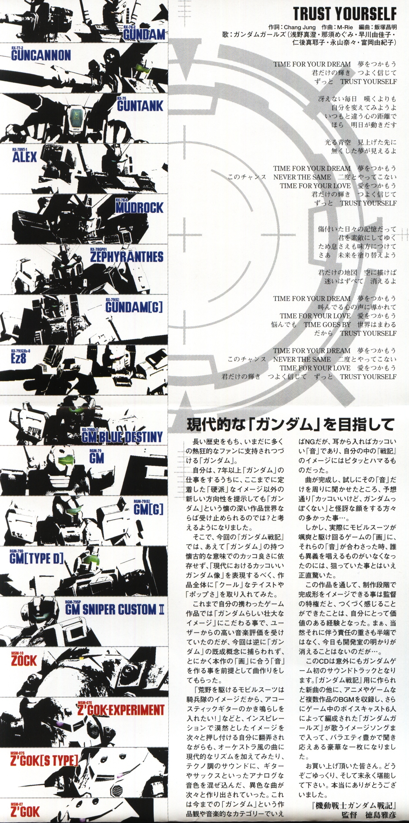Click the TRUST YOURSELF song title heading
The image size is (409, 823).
(345, 14)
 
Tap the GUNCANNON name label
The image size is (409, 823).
(41, 56)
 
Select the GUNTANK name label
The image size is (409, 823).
(140, 106)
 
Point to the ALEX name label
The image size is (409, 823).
(25, 157)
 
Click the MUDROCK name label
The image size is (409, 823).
(139, 208)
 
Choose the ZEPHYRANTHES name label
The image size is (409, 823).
(126, 257)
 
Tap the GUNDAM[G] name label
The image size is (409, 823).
(134, 307)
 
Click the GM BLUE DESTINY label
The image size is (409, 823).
(122, 437)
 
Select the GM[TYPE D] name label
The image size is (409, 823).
(36, 558)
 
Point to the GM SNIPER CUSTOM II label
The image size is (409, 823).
(115, 610)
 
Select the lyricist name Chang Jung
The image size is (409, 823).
(300, 27)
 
